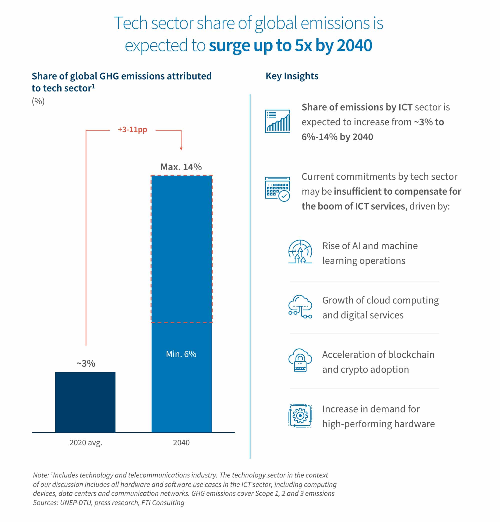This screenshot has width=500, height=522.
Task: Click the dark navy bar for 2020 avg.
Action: pyautogui.click(x=85, y=402)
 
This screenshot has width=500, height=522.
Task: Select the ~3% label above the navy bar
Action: pyautogui.click(x=86, y=363)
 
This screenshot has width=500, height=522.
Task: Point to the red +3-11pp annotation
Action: pyautogui.click(x=132, y=130)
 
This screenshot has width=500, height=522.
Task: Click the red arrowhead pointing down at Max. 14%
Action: pyautogui.click(x=181, y=148)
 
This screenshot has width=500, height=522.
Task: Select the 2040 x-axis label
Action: pyautogui.click(x=181, y=443)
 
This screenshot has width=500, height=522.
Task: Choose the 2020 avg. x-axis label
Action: pyautogui.click(x=86, y=443)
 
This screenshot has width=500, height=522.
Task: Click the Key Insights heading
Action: pyautogui.click(x=292, y=76)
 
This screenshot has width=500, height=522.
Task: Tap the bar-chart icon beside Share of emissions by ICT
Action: pyautogui.click(x=277, y=121)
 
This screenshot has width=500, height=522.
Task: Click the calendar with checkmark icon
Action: pyautogui.click(x=277, y=189)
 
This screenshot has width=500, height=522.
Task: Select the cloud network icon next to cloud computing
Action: pyautogui.click(x=300, y=306)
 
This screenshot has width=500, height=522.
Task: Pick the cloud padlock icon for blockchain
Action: pyautogui.click(x=300, y=360)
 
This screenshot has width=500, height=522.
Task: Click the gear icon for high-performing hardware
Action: pyautogui.click(x=300, y=415)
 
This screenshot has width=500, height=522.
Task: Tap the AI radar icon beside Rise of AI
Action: pyautogui.click(x=300, y=252)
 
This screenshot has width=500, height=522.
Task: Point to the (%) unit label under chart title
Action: pyautogui.click(x=38, y=101)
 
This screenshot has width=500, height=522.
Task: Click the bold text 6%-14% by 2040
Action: pyautogui.click(x=337, y=137)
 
